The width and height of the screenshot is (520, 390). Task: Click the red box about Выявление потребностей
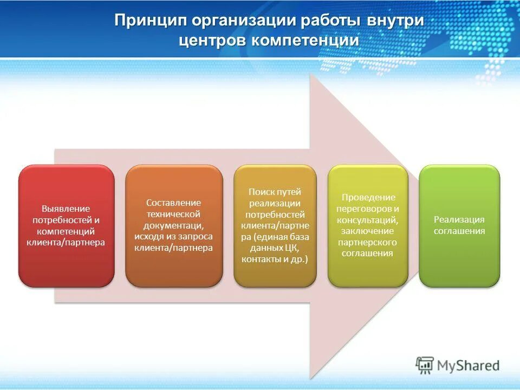click(x=66, y=225)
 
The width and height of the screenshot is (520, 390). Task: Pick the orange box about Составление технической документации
click(x=174, y=225)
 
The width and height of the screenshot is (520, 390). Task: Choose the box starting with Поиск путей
click(x=275, y=225)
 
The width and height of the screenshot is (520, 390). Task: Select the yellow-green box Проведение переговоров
click(x=368, y=225)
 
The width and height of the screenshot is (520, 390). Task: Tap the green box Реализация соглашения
click(x=459, y=225)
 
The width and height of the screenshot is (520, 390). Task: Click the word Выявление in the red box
click(x=66, y=208)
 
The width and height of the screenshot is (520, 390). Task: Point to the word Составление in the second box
click(x=174, y=202)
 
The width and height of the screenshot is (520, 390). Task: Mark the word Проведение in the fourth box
click(x=368, y=197)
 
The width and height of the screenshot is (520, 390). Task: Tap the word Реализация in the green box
click(x=459, y=219)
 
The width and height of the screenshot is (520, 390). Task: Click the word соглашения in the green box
click(x=459, y=231)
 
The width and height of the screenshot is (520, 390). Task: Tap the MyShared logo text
click(x=467, y=366)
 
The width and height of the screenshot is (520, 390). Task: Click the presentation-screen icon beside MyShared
click(x=425, y=366)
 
